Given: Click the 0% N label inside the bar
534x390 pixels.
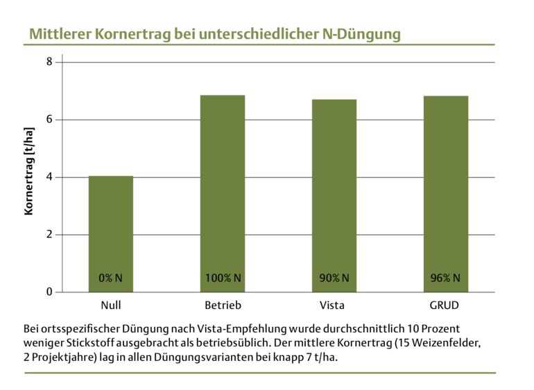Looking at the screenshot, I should (x=111, y=278).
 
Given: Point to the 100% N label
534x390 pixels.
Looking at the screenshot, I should (x=223, y=278).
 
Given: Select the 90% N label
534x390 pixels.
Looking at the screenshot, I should (x=334, y=278).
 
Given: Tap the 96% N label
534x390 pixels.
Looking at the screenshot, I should (x=445, y=278).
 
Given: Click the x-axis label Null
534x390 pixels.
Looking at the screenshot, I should (x=111, y=305).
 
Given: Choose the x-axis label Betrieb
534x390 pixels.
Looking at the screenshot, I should (x=223, y=305).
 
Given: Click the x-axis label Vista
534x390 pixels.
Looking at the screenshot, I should (x=334, y=305).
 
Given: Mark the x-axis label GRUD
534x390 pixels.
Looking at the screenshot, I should (x=445, y=305).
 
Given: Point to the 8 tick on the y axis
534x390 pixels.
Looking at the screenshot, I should (x=49, y=62).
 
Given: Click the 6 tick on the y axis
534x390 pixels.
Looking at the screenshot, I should (x=49, y=119).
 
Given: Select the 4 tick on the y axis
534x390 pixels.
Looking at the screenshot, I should (x=49, y=177).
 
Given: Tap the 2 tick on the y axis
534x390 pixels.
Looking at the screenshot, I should (x=49, y=234).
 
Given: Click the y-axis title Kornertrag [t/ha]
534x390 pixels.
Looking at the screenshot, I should (x=29, y=170).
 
